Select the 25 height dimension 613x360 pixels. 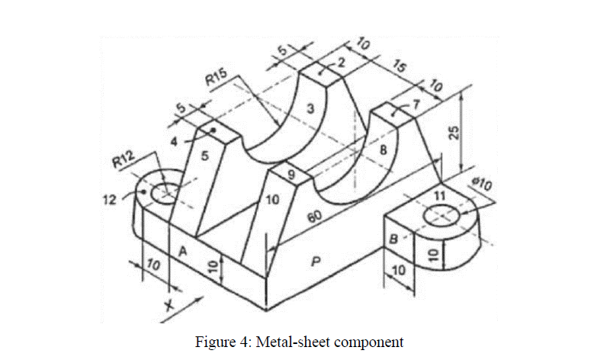tap(453, 131)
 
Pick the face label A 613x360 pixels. tap(182, 250)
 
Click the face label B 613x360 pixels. tap(393, 238)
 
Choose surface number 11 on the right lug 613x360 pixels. tap(438, 196)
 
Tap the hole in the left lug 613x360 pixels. tap(163, 194)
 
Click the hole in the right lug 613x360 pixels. tap(441, 216)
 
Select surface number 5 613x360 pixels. tap(205, 156)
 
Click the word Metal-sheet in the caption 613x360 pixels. tap(290, 341)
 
